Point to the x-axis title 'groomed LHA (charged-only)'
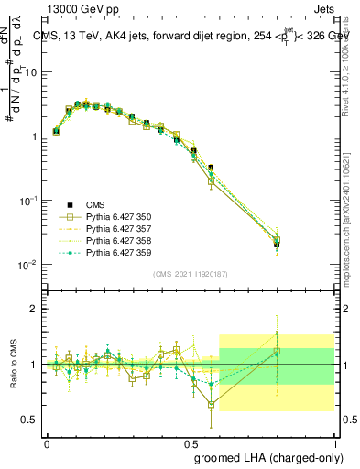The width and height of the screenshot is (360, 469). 265,456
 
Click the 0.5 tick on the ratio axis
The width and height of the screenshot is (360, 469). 27,420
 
